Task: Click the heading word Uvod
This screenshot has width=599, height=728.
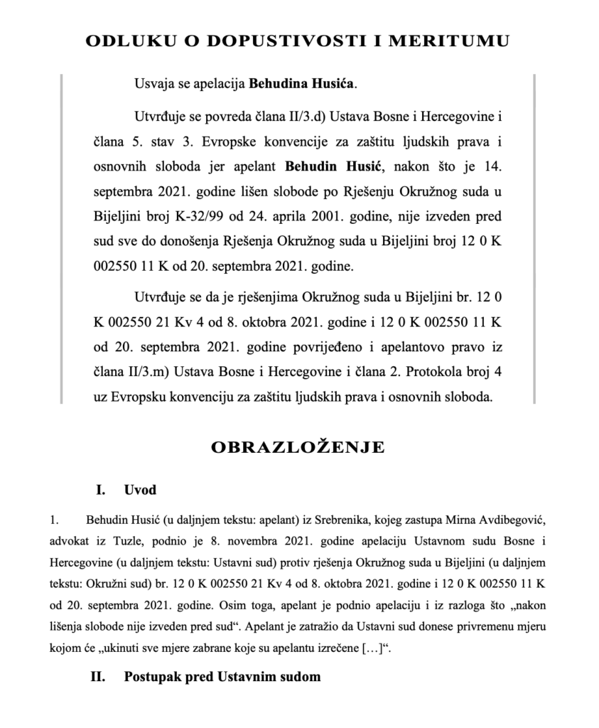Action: [x=140, y=490]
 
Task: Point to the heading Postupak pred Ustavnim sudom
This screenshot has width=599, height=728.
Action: [x=222, y=676]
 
